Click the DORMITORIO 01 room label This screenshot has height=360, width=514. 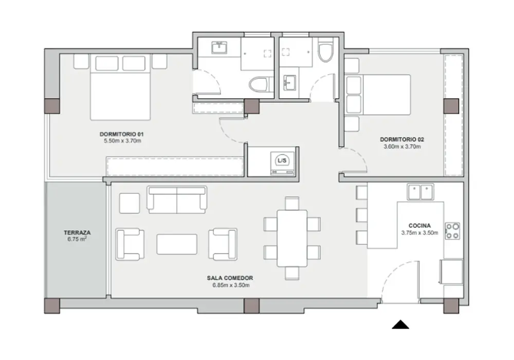[x=122, y=134]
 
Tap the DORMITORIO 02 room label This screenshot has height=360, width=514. [x=402, y=139]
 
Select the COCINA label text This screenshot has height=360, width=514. [x=419, y=226]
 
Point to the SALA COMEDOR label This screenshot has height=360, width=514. [x=230, y=278]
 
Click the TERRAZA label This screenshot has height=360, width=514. [x=77, y=233]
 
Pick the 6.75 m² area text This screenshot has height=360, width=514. [x=77, y=239]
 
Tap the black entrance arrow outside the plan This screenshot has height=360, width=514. [x=400, y=325]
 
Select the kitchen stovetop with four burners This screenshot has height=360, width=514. [x=452, y=231]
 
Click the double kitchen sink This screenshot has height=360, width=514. [x=420, y=192]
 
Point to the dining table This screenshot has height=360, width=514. [x=292, y=238]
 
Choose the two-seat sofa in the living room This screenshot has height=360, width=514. [x=177, y=200]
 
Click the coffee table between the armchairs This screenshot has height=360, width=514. [x=177, y=244]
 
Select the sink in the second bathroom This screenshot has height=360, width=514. [x=289, y=82]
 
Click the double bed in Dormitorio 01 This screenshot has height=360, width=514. [x=120, y=87]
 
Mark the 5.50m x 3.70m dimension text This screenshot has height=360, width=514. [x=123, y=141]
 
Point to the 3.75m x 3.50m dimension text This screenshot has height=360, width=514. [x=419, y=233]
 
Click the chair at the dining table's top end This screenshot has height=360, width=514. [x=292, y=203]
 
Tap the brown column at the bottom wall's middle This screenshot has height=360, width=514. [x=252, y=306]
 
